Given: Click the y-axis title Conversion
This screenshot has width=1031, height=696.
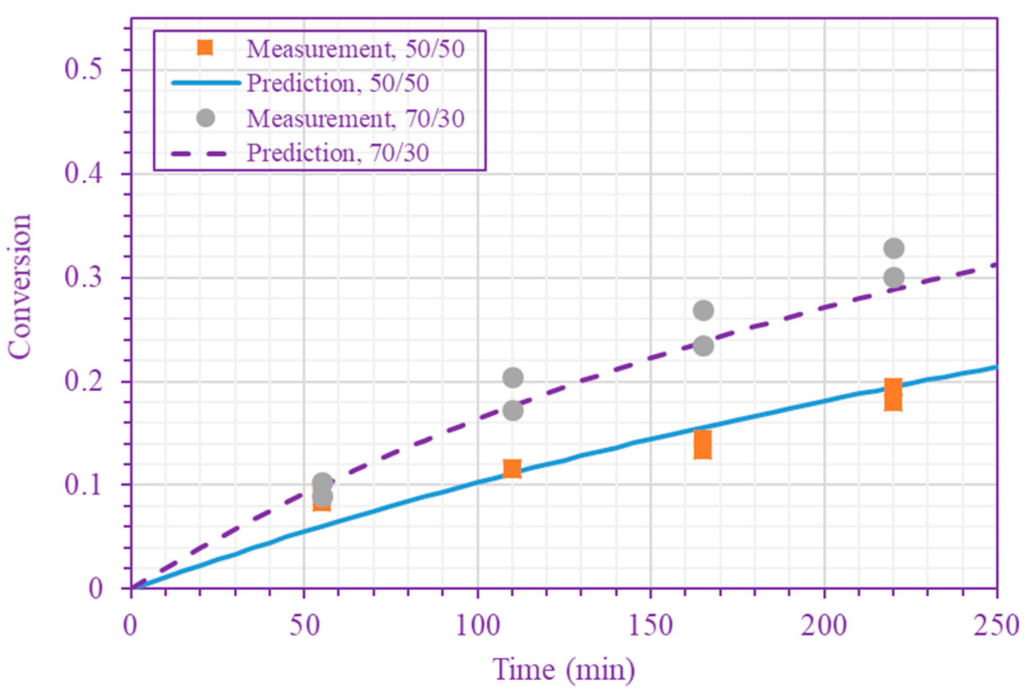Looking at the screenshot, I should [20, 286].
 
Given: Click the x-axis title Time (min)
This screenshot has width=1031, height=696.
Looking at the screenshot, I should [563, 670].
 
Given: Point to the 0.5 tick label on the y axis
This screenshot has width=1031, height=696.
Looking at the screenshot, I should [83, 69].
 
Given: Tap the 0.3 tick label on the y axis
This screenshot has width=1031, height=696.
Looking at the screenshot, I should [83, 277].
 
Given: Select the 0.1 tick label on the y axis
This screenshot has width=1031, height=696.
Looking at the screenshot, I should [83, 485].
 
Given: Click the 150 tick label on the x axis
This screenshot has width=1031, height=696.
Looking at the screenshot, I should [650, 625].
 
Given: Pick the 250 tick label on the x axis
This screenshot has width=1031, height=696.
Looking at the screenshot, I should [996, 625].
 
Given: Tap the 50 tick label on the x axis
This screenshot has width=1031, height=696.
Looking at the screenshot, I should [304, 625].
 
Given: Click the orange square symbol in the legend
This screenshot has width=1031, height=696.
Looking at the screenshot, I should [205, 48].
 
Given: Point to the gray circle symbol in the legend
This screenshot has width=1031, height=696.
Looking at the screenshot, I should [206, 118].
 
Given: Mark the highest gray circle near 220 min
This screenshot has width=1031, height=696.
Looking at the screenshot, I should [894, 248].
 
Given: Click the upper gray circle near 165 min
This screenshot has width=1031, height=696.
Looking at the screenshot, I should [703, 310].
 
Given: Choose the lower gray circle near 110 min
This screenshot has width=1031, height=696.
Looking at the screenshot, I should [513, 411].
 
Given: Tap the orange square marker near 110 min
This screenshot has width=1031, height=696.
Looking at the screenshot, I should [512, 469].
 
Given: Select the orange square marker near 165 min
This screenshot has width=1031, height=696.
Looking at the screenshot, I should [703, 445].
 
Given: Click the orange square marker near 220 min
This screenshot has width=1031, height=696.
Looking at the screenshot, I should [893, 395].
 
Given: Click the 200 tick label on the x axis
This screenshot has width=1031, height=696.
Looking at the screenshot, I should [823, 625].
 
